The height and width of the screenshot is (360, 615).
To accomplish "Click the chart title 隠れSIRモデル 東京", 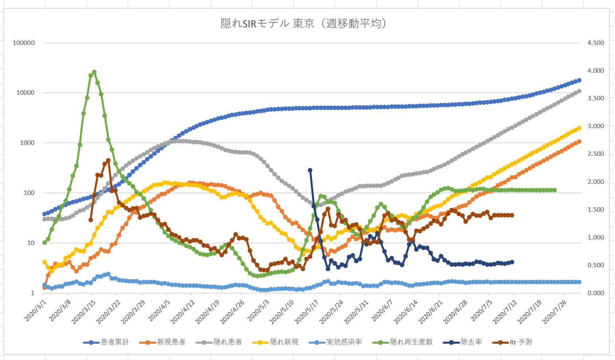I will click(x=304, y=23).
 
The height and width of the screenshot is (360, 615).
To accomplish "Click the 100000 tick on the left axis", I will click(x=24, y=43).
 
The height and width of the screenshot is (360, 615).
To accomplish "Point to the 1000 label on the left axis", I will click(x=27, y=143).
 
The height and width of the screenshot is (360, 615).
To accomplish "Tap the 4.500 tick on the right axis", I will click(x=595, y=43).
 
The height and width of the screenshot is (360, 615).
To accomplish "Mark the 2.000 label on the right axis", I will click(x=595, y=182).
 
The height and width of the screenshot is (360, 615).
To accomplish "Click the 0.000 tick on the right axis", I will click(x=595, y=293).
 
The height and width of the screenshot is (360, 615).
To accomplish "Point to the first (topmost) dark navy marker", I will click(x=310, y=170).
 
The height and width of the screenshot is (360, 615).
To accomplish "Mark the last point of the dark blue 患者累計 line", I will click(x=579, y=80).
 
